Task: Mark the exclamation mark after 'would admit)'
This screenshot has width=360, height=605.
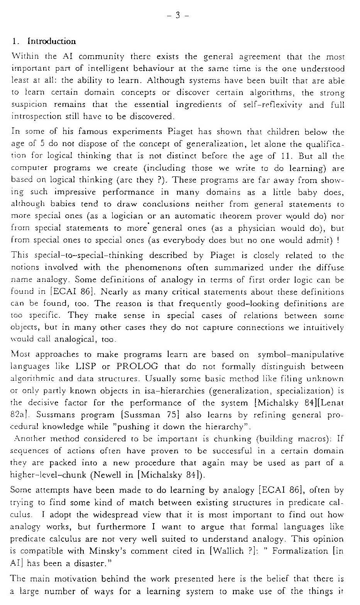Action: (x=338, y=240)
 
